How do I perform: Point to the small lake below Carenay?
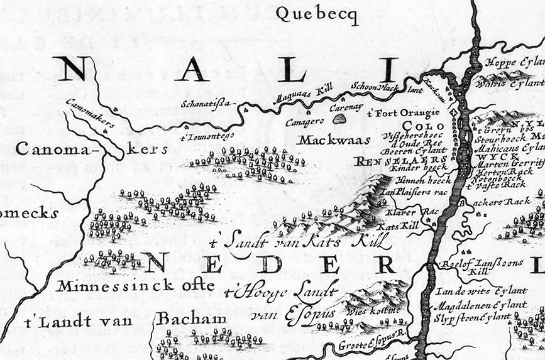(339, 118)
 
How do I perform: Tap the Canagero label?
(304, 122)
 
